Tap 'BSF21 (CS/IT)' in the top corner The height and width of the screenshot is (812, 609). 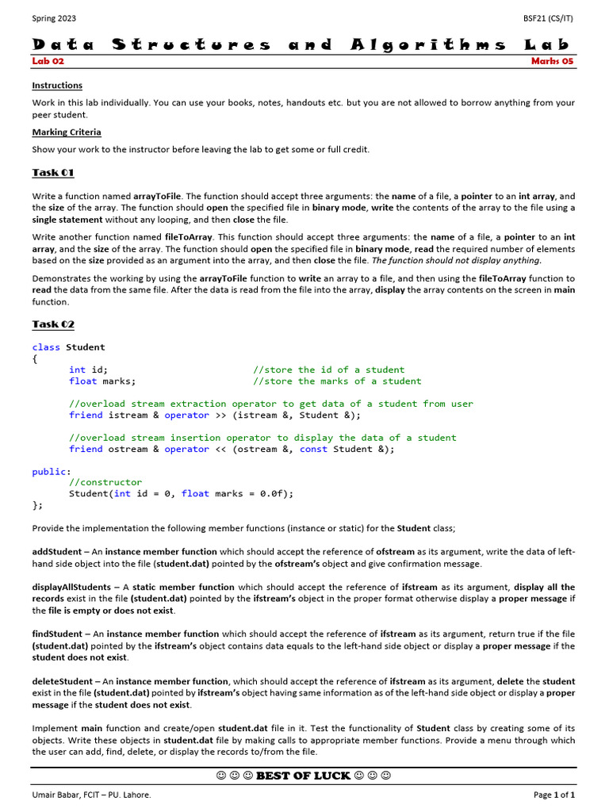[x=547, y=17]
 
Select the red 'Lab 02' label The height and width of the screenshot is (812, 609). [x=48, y=61]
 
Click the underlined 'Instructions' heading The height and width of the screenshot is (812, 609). [x=57, y=86]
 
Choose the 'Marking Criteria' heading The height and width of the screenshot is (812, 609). [x=67, y=132]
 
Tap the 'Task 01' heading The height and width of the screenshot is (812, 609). [x=53, y=173]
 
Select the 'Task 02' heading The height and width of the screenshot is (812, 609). [x=53, y=324]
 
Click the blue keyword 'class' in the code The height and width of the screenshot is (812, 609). [x=46, y=347]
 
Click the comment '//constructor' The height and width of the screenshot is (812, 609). [x=105, y=482]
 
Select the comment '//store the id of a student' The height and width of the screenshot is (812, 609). [x=328, y=370]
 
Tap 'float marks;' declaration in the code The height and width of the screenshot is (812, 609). [x=102, y=381]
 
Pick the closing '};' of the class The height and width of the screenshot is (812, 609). [x=38, y=504]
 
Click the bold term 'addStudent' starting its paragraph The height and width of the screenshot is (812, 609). [x=56, y=552]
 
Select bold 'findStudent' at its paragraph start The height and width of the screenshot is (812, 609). [x=57, y=634]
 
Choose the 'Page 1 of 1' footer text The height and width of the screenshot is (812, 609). [x=553, y=795]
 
